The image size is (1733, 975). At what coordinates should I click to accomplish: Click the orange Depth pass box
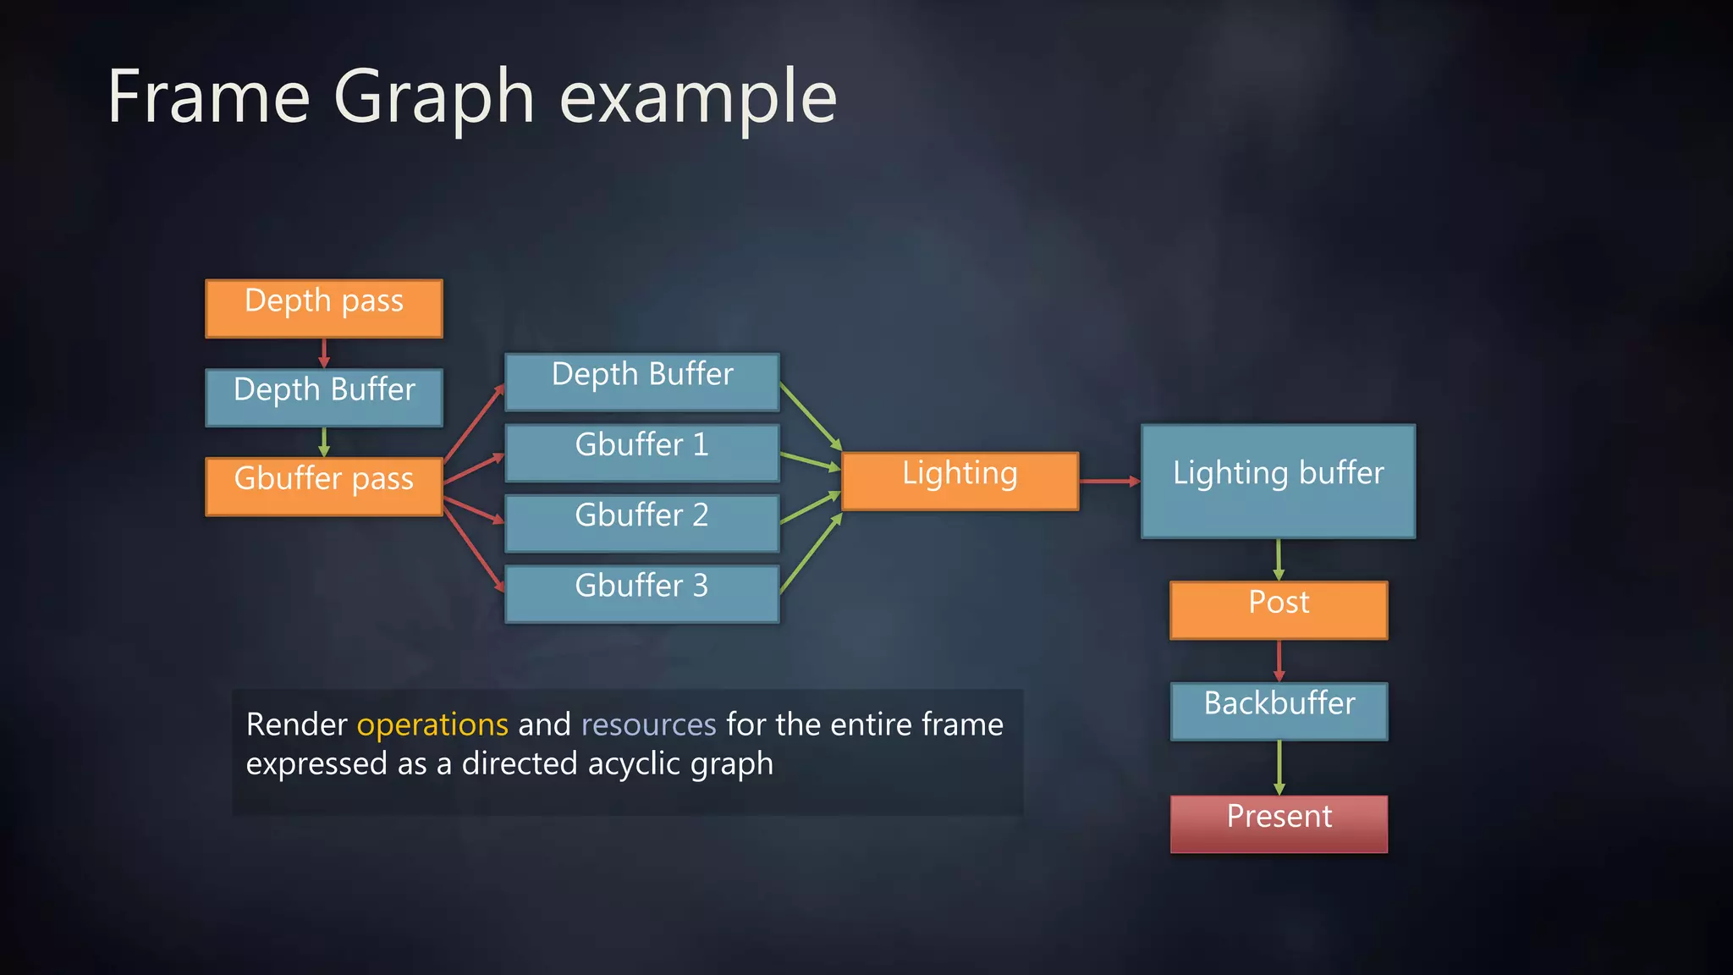coord(324,308)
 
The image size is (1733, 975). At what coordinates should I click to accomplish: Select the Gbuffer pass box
coord(324,486)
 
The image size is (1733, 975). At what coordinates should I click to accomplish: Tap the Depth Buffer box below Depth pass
coord(324,397)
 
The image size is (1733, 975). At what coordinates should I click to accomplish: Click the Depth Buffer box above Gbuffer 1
coord(641,382)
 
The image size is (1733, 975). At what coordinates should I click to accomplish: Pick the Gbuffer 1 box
coord(641,453)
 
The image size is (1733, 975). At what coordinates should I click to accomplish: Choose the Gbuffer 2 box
coord(641,523)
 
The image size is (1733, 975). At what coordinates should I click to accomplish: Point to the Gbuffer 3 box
coord(641,593)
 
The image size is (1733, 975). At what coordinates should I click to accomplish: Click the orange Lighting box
coord(960,481)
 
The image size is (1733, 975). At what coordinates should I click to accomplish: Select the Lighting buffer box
coord(1278,481)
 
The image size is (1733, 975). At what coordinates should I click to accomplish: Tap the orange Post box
coord(1279,609)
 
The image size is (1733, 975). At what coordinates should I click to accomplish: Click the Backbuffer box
coord(1279,711)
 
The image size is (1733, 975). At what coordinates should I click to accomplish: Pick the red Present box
coord(1279,823)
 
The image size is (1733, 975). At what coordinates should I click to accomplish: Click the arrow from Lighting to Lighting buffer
coord(1109,481)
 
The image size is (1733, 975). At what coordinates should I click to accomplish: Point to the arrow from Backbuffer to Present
coord(1279,767)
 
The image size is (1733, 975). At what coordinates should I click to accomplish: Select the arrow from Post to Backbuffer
coord(1279,660)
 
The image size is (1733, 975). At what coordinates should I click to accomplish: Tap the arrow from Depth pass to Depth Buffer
coord(324,353)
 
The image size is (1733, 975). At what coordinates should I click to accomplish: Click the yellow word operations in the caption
coord(432,724)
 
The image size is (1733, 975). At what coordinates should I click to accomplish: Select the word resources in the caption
coord(648,724)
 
